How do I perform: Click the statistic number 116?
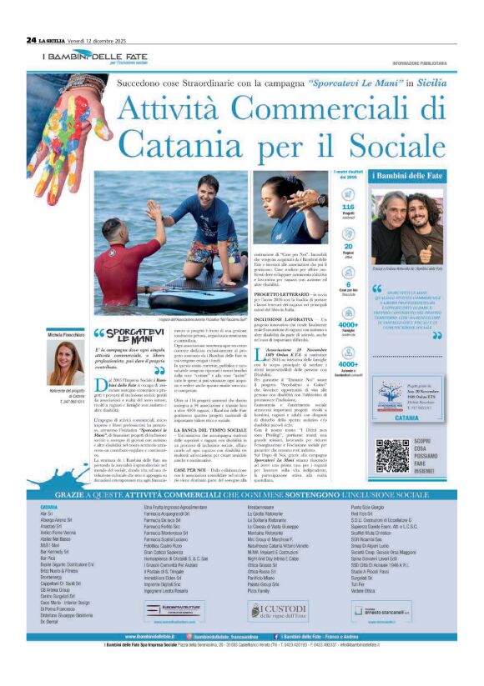349,206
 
